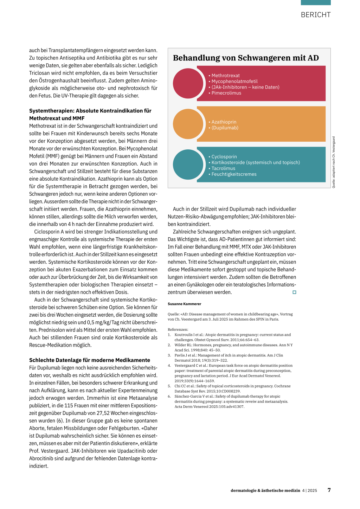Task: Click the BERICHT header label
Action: click(316, 15)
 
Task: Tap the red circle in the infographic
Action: click(188, 83)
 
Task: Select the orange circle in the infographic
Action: click(188, 124)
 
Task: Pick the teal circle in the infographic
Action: click(188, 165)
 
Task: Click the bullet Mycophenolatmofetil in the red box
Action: click(234, 81)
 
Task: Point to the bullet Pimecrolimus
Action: click(226, 93)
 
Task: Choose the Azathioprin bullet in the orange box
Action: click(224, 122)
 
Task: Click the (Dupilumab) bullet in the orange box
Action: click(225, 128)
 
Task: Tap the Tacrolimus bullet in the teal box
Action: click(223, 168)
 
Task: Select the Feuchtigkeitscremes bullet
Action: click(234, 174)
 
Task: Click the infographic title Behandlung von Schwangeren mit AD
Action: click(246, 58)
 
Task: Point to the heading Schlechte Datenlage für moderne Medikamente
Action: click(90, 360)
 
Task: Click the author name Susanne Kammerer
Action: click(185, 304)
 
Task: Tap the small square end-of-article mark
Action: click(294, 292)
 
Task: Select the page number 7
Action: click(329, 490)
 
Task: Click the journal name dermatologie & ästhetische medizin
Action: click(265, 490)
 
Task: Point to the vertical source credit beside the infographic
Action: click(334, 162)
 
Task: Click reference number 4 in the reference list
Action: click(169, 366)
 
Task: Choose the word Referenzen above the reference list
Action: click(178, 330)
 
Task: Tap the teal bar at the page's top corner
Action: click(316, 2)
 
